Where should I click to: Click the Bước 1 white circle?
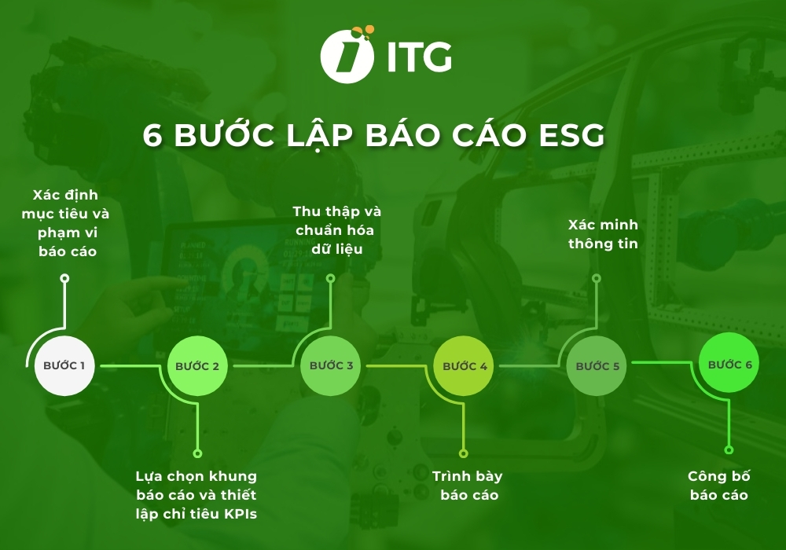coord(64,365)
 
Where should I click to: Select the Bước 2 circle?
coord(197,366)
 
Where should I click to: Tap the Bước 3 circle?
coord(331,366)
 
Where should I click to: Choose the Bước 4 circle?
coord(465,366)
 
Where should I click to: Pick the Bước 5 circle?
coord(597,366)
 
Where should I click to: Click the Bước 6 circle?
coord(729,365)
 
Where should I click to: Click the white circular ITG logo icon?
coord(347,54)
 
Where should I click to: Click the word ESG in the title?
coord(571,134)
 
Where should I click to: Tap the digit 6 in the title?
coord(152,134)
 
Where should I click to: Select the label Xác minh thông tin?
coord(603,234)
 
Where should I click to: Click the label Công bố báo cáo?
coord(719,486)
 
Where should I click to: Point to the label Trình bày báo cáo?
coord(468,486)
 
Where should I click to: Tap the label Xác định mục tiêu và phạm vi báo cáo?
coord(67,223)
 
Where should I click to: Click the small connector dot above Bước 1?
coord(64,278)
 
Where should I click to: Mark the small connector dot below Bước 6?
coord(729,449)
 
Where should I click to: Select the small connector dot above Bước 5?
coord(597,278)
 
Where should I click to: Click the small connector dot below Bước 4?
coord(464,453)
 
